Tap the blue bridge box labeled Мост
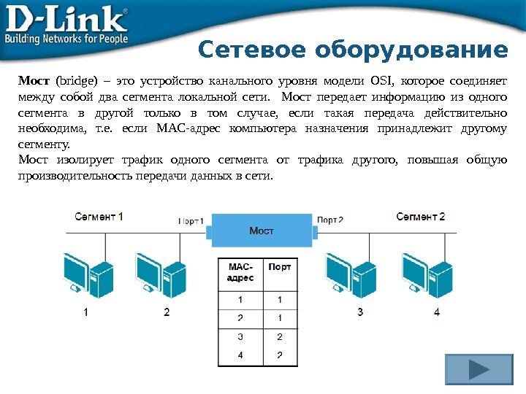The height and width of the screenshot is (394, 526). [262, 231]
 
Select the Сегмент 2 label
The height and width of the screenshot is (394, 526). [421, 217]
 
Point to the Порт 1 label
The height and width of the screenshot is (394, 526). [191, 220]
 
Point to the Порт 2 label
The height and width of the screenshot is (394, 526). [330, 220]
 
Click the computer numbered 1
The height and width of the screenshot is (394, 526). [85, 274]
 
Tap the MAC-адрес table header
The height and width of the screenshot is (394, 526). [241, 273]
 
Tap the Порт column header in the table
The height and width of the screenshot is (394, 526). [280, 268]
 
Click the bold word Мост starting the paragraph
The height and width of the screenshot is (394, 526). [34, 80]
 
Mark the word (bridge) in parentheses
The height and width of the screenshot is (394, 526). [77, 80]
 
